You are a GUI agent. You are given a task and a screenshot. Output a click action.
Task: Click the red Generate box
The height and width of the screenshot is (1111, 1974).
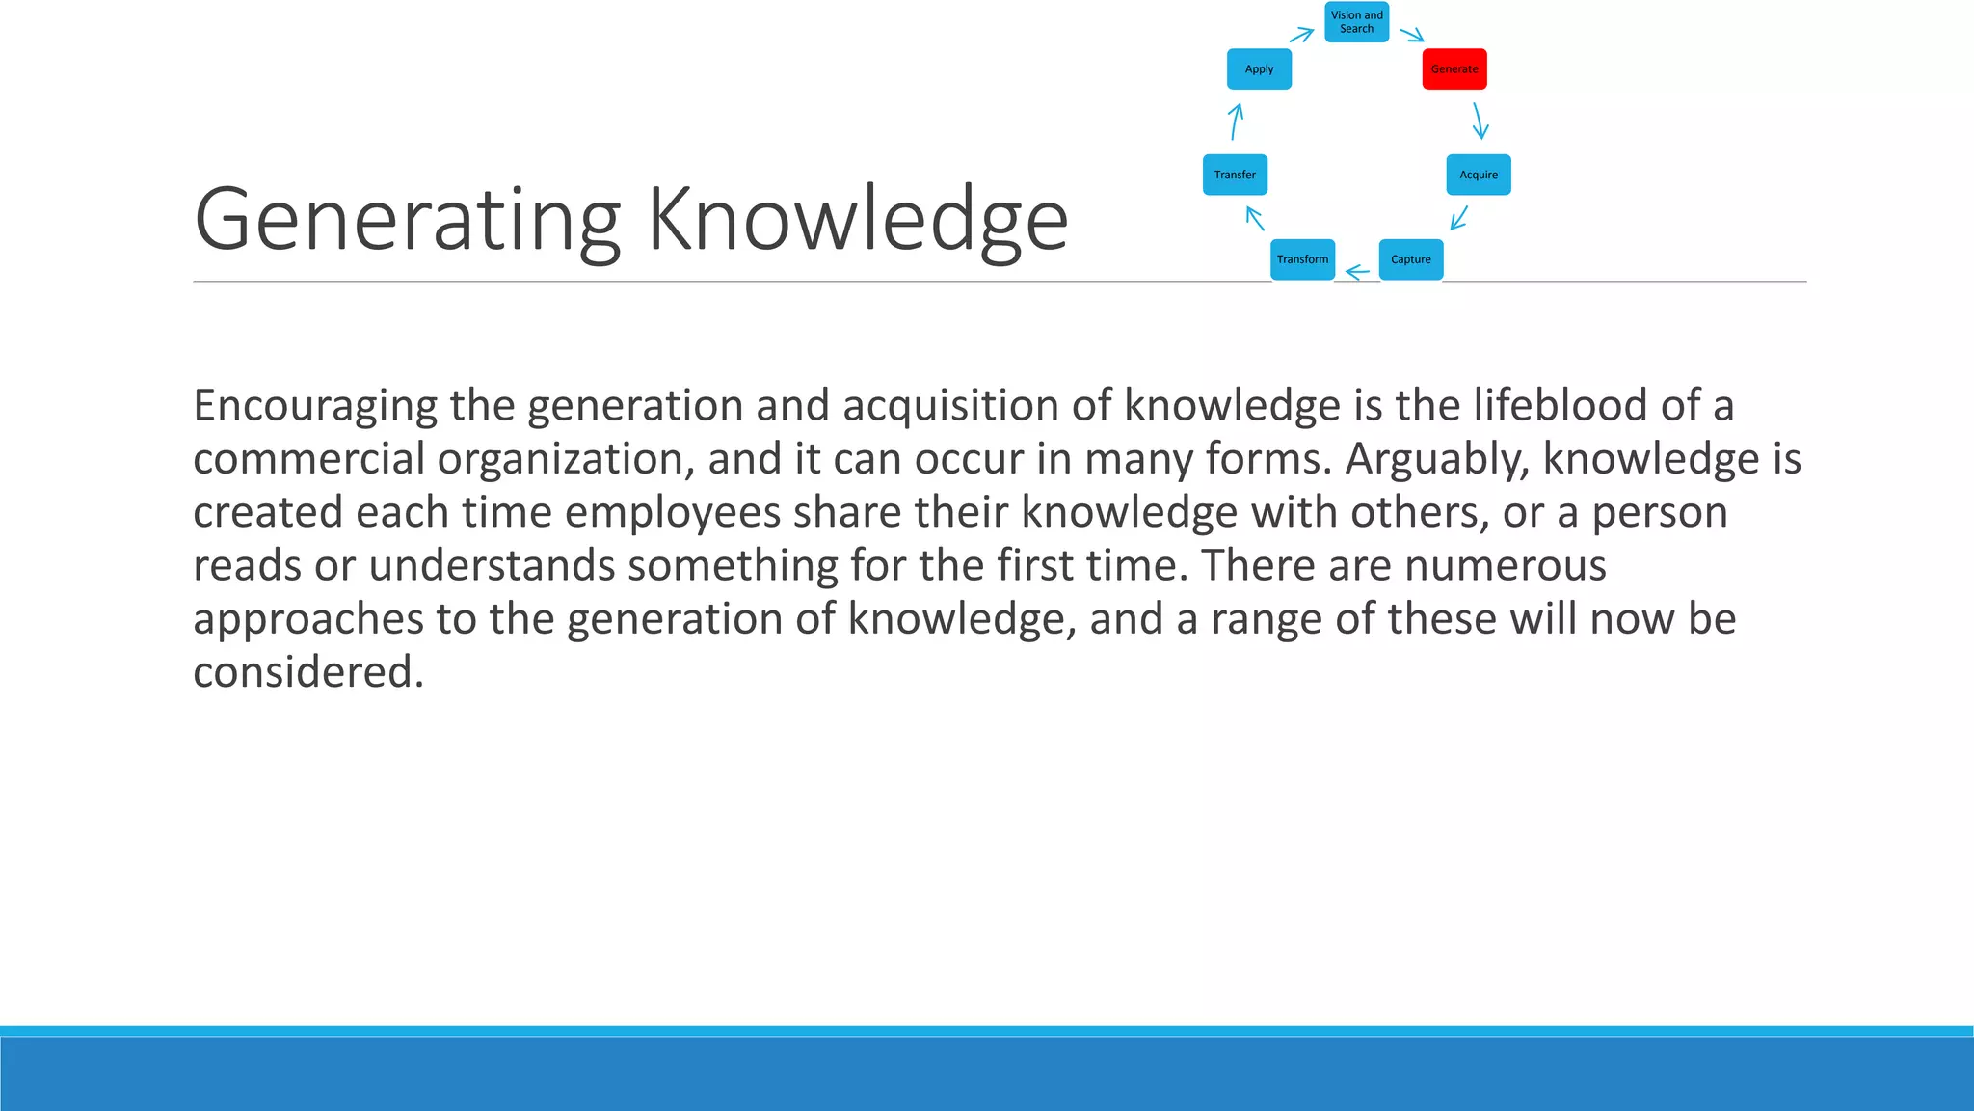click(x=1454, y=69)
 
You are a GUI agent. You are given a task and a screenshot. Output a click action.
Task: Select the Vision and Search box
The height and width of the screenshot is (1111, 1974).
click(x=1356, y=22)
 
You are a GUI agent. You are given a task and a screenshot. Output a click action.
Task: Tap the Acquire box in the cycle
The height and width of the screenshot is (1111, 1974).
click(x=1479, y=175)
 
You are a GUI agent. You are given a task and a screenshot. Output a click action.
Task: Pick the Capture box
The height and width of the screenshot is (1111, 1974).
click(x=1411, y=259)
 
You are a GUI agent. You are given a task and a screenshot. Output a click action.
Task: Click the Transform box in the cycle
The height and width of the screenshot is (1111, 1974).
click(x=1302, y=259)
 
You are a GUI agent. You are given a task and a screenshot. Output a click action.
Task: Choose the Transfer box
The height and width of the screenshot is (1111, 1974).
click(x=1235, y=175)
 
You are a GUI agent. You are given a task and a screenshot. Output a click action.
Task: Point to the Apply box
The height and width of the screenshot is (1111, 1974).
click(x=1259, y=69)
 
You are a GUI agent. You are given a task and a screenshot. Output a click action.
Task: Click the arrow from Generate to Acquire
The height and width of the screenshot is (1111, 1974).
click(x=1479, y=122)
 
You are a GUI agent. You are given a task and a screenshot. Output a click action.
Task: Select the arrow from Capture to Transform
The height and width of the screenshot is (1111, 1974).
click(x=1357, y=273)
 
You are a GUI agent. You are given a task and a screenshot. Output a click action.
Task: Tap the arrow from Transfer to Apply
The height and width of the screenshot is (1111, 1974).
click(x=1236, y=122)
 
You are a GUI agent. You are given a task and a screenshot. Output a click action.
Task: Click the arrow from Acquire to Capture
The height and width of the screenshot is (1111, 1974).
click(x=1459, y=217)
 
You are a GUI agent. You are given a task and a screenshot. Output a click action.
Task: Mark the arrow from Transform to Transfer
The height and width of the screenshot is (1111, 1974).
click(x=1255, y=218)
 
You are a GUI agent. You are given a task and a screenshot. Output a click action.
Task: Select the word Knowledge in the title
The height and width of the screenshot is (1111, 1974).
click(x=857, y=221)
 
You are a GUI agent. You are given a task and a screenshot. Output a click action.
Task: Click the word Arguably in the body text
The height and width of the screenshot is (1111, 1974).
click(x=1437, y=459)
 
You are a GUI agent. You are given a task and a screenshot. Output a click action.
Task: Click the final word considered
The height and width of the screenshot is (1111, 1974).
click(x=308, y=671)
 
